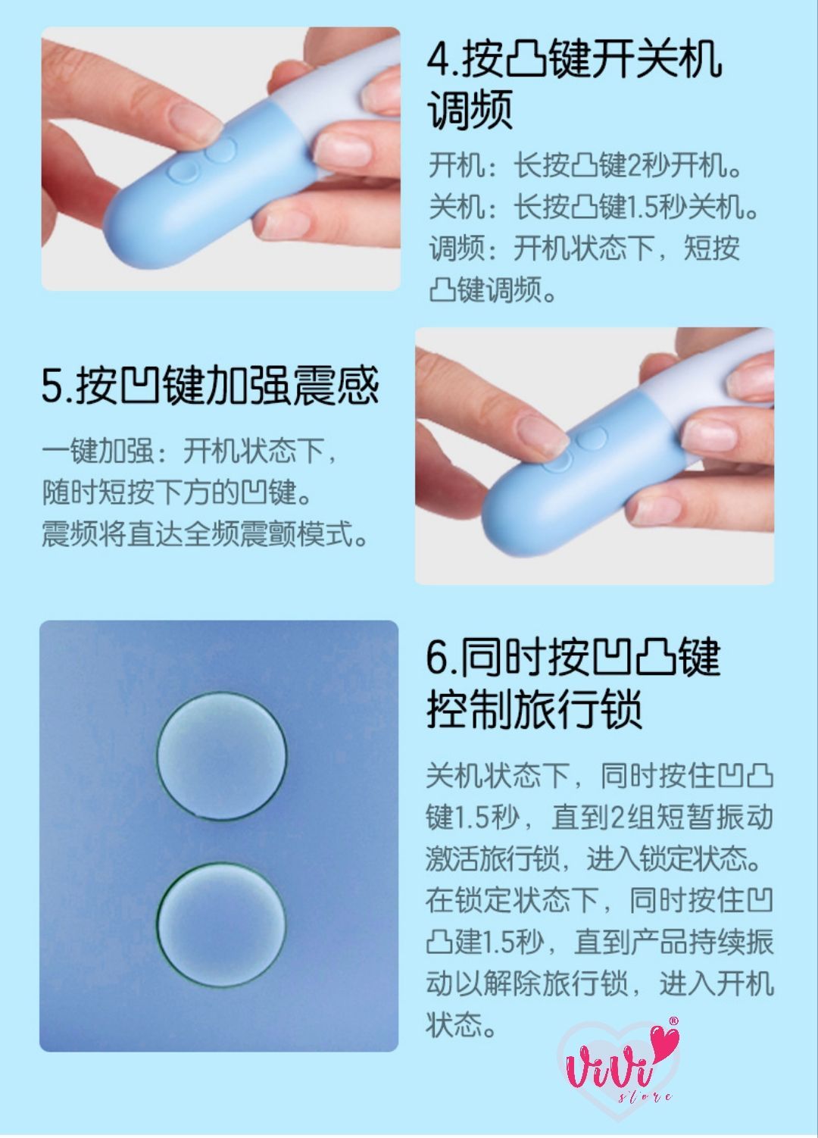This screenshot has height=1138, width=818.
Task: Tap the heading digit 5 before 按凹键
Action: [53, 386]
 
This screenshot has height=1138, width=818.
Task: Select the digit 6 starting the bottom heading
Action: [438, 658]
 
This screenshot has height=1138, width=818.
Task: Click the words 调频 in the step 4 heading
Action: [470, 110]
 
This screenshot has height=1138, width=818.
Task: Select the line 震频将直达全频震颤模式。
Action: [204, 533]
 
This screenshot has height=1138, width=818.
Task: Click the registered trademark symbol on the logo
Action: [673, 1020]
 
